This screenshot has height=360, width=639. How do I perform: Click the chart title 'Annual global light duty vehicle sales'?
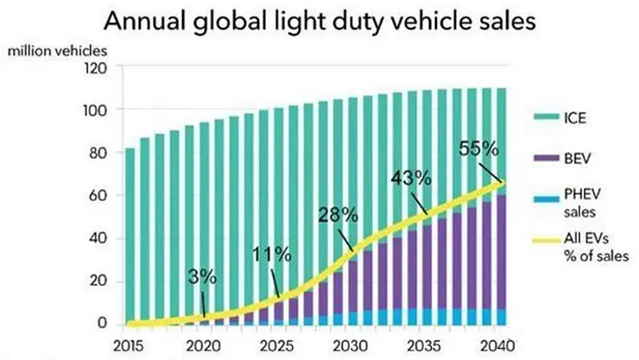click(319, 20)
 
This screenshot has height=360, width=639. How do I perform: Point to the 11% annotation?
click(271, 255)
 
